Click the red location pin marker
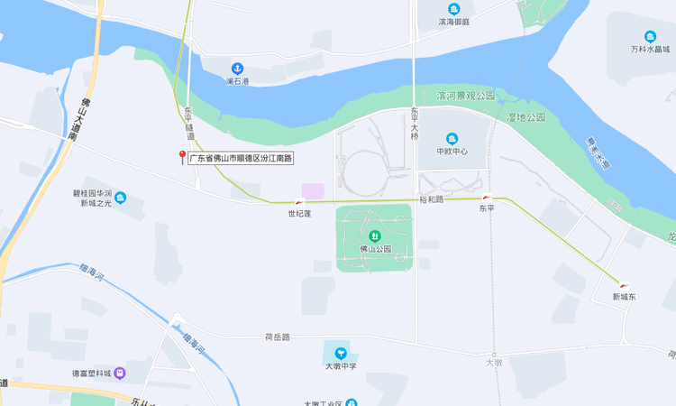[182, 157]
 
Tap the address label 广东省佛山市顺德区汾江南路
[241, 158]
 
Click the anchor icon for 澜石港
[237, 69]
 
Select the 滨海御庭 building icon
[453, 10]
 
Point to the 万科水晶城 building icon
[650, 37]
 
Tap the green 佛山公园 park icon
[375, 236]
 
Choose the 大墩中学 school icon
[341, 353]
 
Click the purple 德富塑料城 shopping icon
[120, 373]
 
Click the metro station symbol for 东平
[487, 197]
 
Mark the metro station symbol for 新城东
[624, 285]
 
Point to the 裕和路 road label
[432, 199]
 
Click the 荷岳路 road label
[277, 337]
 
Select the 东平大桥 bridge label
[415, 124]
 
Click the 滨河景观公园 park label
[466, 96]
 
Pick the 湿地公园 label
[526, 117]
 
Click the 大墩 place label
[493, 362]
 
